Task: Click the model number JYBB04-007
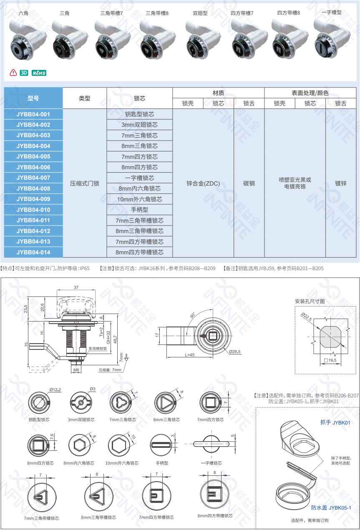[33, 178]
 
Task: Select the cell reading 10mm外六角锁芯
[140, 199]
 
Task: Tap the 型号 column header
[33, 98]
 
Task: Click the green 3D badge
[24, 73]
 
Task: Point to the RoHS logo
[39, 73]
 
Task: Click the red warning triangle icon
[13, 73]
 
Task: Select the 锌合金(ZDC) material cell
[203, 183]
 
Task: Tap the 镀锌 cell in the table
[341, 183]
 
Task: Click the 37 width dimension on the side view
[76, 287]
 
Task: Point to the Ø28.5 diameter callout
[235, 352]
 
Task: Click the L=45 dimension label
[189, 355]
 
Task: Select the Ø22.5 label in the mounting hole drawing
[307, 316]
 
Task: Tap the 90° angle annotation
[192, 315]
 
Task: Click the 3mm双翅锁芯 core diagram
[81, 402]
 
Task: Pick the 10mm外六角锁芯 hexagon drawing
[119, 445]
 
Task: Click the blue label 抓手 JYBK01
[335, 422]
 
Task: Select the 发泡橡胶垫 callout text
[98, 349]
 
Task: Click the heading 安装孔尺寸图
[310, 301]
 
